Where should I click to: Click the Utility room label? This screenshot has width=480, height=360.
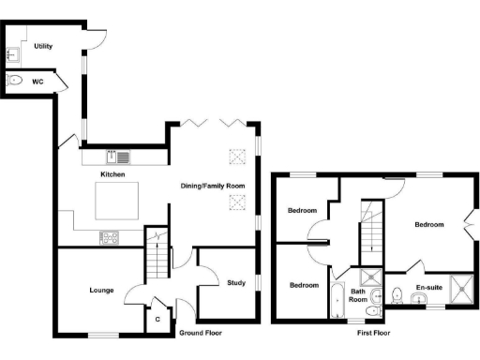pos(42,46)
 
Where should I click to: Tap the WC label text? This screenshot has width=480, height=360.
pos(37,81)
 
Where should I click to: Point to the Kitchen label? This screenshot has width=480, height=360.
pos(113,175)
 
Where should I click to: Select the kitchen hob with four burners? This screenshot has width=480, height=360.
pos(108,237)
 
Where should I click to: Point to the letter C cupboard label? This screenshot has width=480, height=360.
pos(158,320)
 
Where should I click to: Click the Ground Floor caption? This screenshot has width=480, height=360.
pos(202,333)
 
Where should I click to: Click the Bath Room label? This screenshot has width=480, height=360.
pos(358,296)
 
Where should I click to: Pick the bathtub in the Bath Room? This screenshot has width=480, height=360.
pos(336,301)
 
